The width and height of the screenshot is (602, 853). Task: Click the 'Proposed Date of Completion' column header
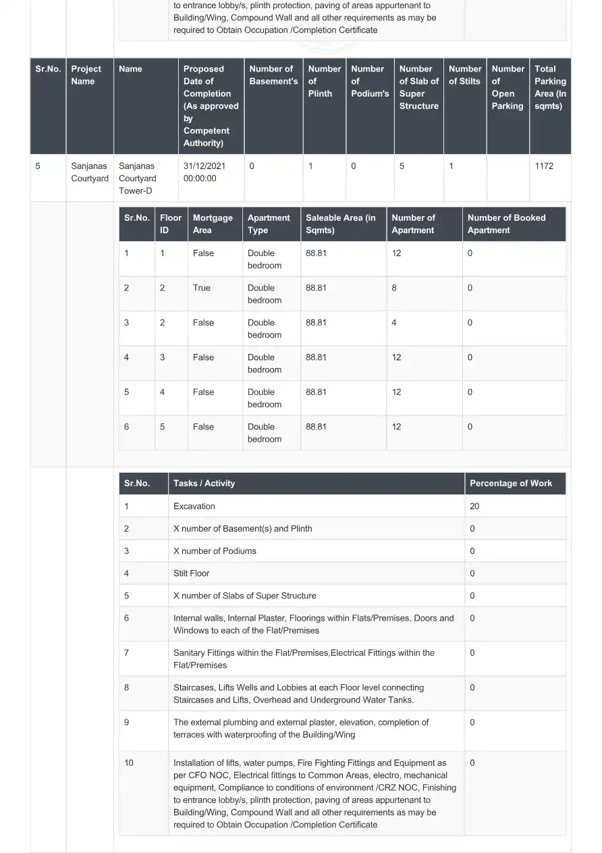pyautogui.click(x=211, y=106)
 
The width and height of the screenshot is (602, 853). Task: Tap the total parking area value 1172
pyautogui.click(x=543, y=166)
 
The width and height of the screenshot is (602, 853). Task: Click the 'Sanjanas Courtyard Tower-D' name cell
pyautogui.click(x=137, y=178)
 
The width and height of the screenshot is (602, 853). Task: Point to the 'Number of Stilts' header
pyautogui.click(x=464, y=75)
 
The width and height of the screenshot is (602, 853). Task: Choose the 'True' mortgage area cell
pyautogui.click(x=201, y=288)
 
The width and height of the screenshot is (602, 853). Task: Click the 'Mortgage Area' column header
pyautogui.click(x=212, y=224)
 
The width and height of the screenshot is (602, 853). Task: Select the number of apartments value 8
pyautogui.click(x=394, y=288)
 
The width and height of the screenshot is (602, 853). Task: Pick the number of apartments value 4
pyautogui.click(x=394, y=323)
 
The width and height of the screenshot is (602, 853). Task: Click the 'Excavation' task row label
pyautogui.click(x=194, y=507)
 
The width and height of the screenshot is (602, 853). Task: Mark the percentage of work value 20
pyautogui.click(x=474, y=507)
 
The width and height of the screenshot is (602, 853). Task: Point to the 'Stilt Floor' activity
pyautogui.click(x=191, y=573)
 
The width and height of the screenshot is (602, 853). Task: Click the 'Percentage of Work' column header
pyautogui.click(x=510, y=484)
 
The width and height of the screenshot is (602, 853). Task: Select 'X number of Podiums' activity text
pyautogui.click(x=215, y=551)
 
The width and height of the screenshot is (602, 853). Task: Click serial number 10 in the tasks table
pyautogui.click(x=129, y=763)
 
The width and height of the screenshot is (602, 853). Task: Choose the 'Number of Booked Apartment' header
pyautogui.click(x=506, y=224)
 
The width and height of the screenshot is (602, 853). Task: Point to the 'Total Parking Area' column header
pyautogui.click(x=550, y=87)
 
